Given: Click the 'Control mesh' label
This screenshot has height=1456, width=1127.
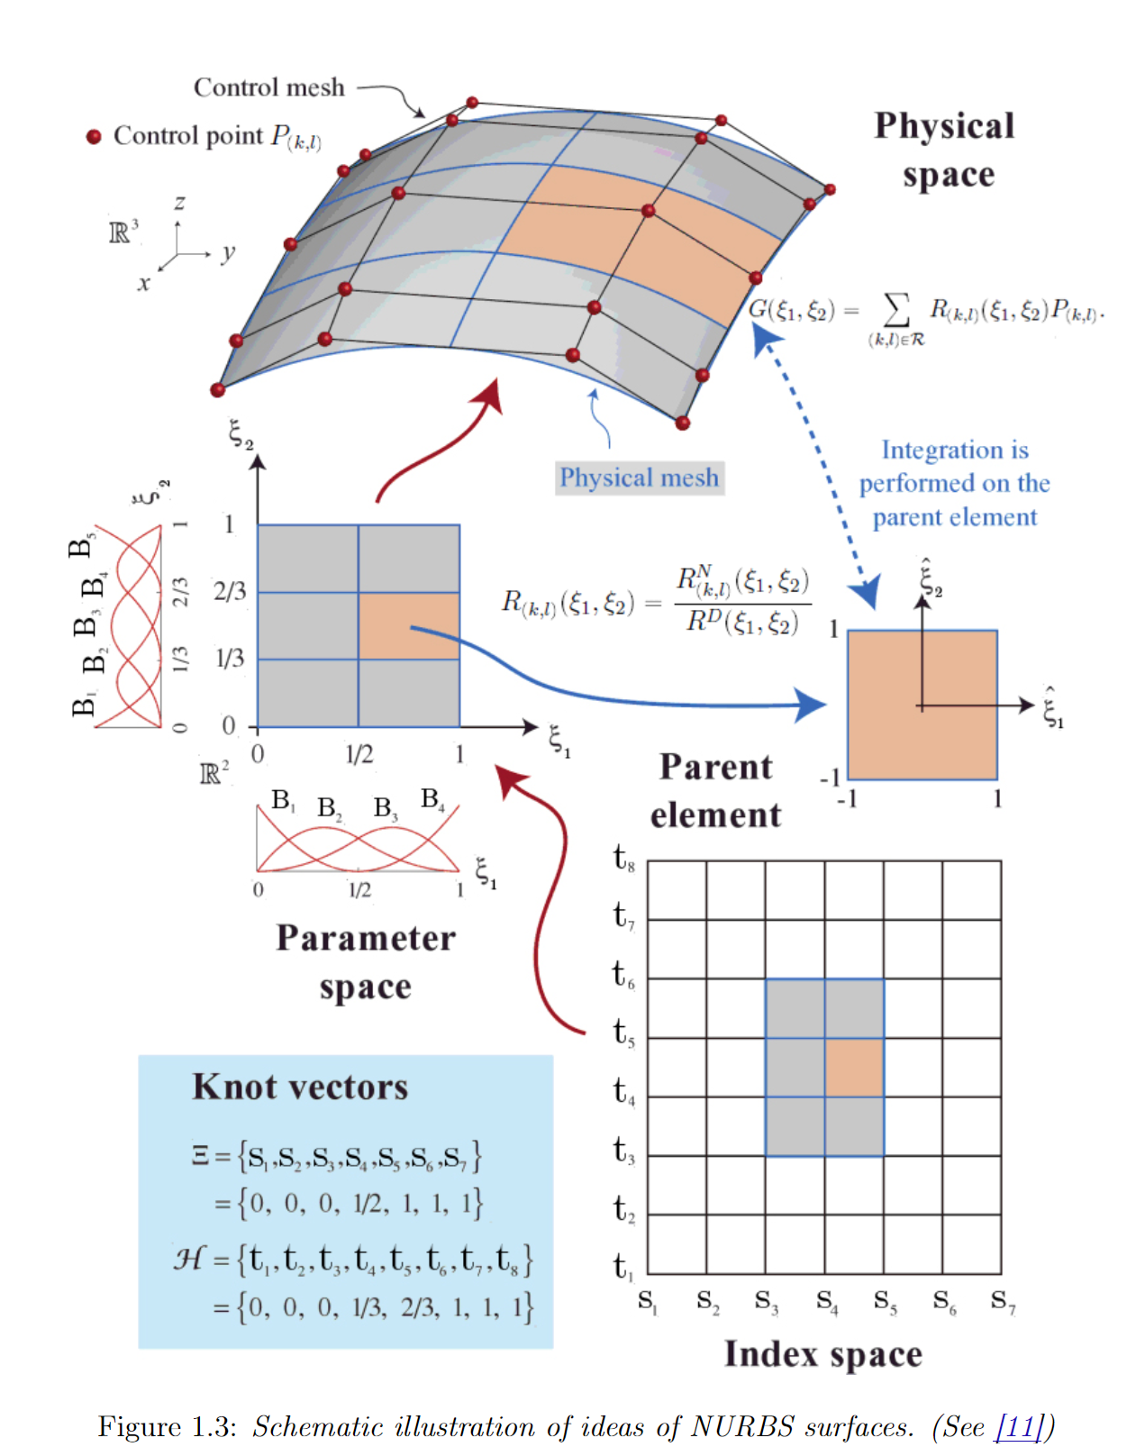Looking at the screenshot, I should [268, 87].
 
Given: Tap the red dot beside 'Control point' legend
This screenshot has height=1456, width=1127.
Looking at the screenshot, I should [94, 137].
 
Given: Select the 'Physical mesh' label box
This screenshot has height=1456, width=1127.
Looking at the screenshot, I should [640, 478].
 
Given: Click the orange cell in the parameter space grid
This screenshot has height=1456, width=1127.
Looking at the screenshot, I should [409, 625].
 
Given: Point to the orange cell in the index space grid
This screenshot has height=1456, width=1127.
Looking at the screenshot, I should [854, 1068].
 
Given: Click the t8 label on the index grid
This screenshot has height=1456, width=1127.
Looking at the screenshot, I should [623, 858].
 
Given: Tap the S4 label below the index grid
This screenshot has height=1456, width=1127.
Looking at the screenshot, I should [826, 1301].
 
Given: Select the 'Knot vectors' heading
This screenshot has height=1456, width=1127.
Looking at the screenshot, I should [300, 1087].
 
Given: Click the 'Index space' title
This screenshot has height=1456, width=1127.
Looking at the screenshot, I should [823, 1354].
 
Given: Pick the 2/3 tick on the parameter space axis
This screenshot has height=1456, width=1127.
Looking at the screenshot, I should [230, 592].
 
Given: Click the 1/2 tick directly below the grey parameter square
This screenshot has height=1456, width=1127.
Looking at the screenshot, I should [359, 754].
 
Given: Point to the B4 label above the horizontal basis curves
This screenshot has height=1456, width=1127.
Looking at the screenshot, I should [432, 799].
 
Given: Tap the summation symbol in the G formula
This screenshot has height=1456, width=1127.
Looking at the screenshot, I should [895, 309].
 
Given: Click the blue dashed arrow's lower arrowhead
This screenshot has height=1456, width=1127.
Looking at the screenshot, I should [866, 595].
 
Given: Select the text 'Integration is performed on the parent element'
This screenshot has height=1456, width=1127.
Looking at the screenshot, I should [954, 483].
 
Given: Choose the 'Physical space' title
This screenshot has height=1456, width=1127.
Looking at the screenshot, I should [945, 150].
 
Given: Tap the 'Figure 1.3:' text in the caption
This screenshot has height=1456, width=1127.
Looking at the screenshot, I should [167, 1426].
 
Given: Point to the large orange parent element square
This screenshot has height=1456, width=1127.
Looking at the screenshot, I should [923, 705].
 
